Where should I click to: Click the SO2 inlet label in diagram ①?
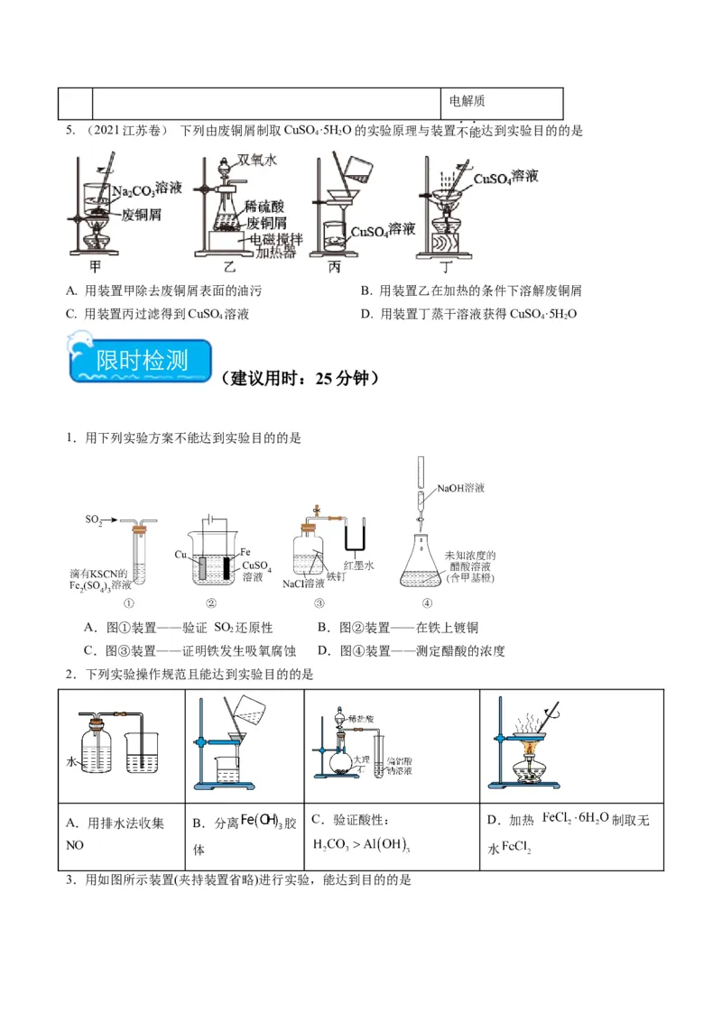tap(93, 520)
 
